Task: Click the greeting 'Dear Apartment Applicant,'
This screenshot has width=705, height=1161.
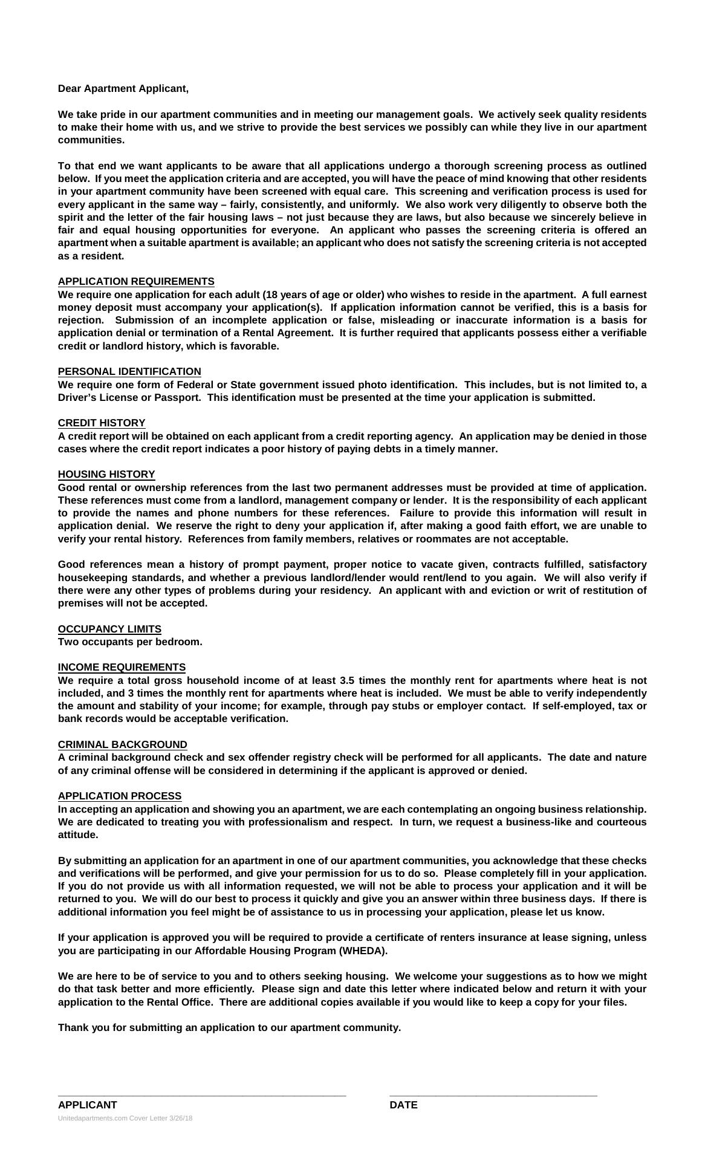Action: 123,89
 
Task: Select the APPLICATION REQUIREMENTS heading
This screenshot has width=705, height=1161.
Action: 136,282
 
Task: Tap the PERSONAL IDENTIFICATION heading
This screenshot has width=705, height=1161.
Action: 129,372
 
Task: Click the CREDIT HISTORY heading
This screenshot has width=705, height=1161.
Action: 102,423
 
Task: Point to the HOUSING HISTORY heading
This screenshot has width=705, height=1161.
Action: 106,475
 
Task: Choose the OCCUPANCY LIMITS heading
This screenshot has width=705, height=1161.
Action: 109,629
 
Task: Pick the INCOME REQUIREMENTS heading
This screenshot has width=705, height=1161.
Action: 122,668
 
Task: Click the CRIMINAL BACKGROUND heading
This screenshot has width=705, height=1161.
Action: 123,745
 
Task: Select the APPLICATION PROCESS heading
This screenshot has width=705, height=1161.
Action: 120,796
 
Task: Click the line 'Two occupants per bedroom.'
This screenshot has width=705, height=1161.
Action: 130,642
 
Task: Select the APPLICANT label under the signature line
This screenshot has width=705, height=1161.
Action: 88,1105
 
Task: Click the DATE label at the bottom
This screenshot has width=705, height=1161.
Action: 403,1105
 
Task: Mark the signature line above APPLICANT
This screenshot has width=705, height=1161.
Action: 202,1094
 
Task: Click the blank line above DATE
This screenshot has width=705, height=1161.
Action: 493,1094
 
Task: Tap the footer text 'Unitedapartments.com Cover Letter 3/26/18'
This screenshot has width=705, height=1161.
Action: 125,1119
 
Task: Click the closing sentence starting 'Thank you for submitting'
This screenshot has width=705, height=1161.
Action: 229,1028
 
